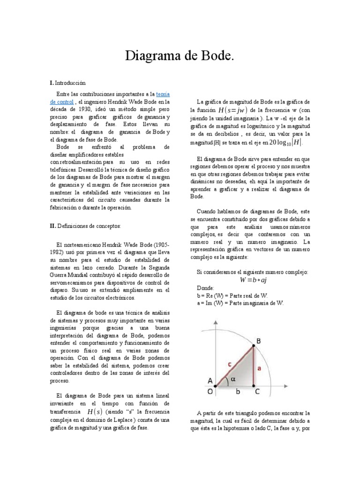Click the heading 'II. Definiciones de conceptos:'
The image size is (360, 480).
coord(85,226)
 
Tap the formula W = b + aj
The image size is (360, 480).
coord(253,280)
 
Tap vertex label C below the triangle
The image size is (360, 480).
coord(257,390)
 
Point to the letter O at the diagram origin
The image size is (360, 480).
coord(210,390)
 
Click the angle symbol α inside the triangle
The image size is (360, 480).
coord(232,380)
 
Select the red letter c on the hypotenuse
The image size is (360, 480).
coord(229,363)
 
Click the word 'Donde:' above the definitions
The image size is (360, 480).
coord(205,288)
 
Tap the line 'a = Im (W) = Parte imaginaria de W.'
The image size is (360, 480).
coord(240,303)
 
